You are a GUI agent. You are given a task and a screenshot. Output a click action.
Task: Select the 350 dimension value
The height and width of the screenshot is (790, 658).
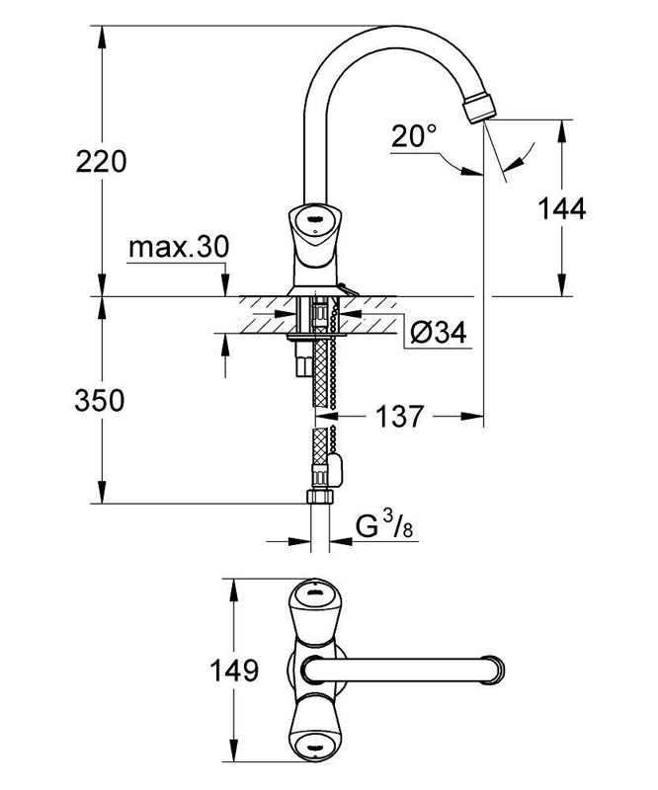(x=102, y=401)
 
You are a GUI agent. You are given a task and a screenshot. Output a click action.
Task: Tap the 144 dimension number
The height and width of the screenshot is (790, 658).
(x=563, y=208)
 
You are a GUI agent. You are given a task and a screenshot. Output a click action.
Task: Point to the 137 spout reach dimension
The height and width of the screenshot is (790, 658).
(x=398, y=418)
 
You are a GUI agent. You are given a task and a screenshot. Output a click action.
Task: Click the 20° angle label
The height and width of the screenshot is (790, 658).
(x=413, y=136)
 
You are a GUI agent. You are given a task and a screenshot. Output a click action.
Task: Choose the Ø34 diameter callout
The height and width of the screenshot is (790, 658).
(x=436, y=334)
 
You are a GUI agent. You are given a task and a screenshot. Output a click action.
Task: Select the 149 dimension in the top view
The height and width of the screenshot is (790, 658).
(x=234, y=671)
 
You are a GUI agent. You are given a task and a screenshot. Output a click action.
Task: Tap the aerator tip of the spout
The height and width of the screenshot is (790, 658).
(x=481, y=105)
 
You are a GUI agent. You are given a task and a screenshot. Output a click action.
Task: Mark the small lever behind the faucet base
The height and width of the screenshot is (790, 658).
(x=342, y=288)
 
